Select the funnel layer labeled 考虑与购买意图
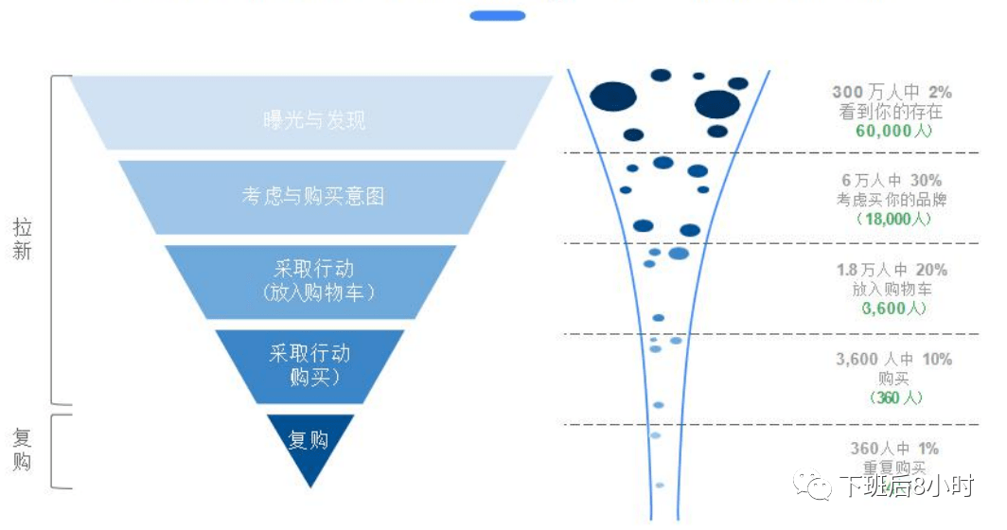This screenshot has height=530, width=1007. (x=312, y=197)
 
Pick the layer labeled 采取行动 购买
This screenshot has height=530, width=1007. (x=309, y=365)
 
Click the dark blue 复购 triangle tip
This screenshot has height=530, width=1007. (x=310, y=445)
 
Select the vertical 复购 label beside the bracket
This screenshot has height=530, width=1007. (x=23, y=450)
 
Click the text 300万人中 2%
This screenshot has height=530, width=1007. (x=892, y=92)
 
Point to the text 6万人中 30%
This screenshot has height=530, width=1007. (x=892, y=180)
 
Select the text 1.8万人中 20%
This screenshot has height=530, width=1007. (x=892, y=270)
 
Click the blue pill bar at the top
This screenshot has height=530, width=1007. (x=497, y=15)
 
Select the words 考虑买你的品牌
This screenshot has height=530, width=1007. (x=892, y=200)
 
